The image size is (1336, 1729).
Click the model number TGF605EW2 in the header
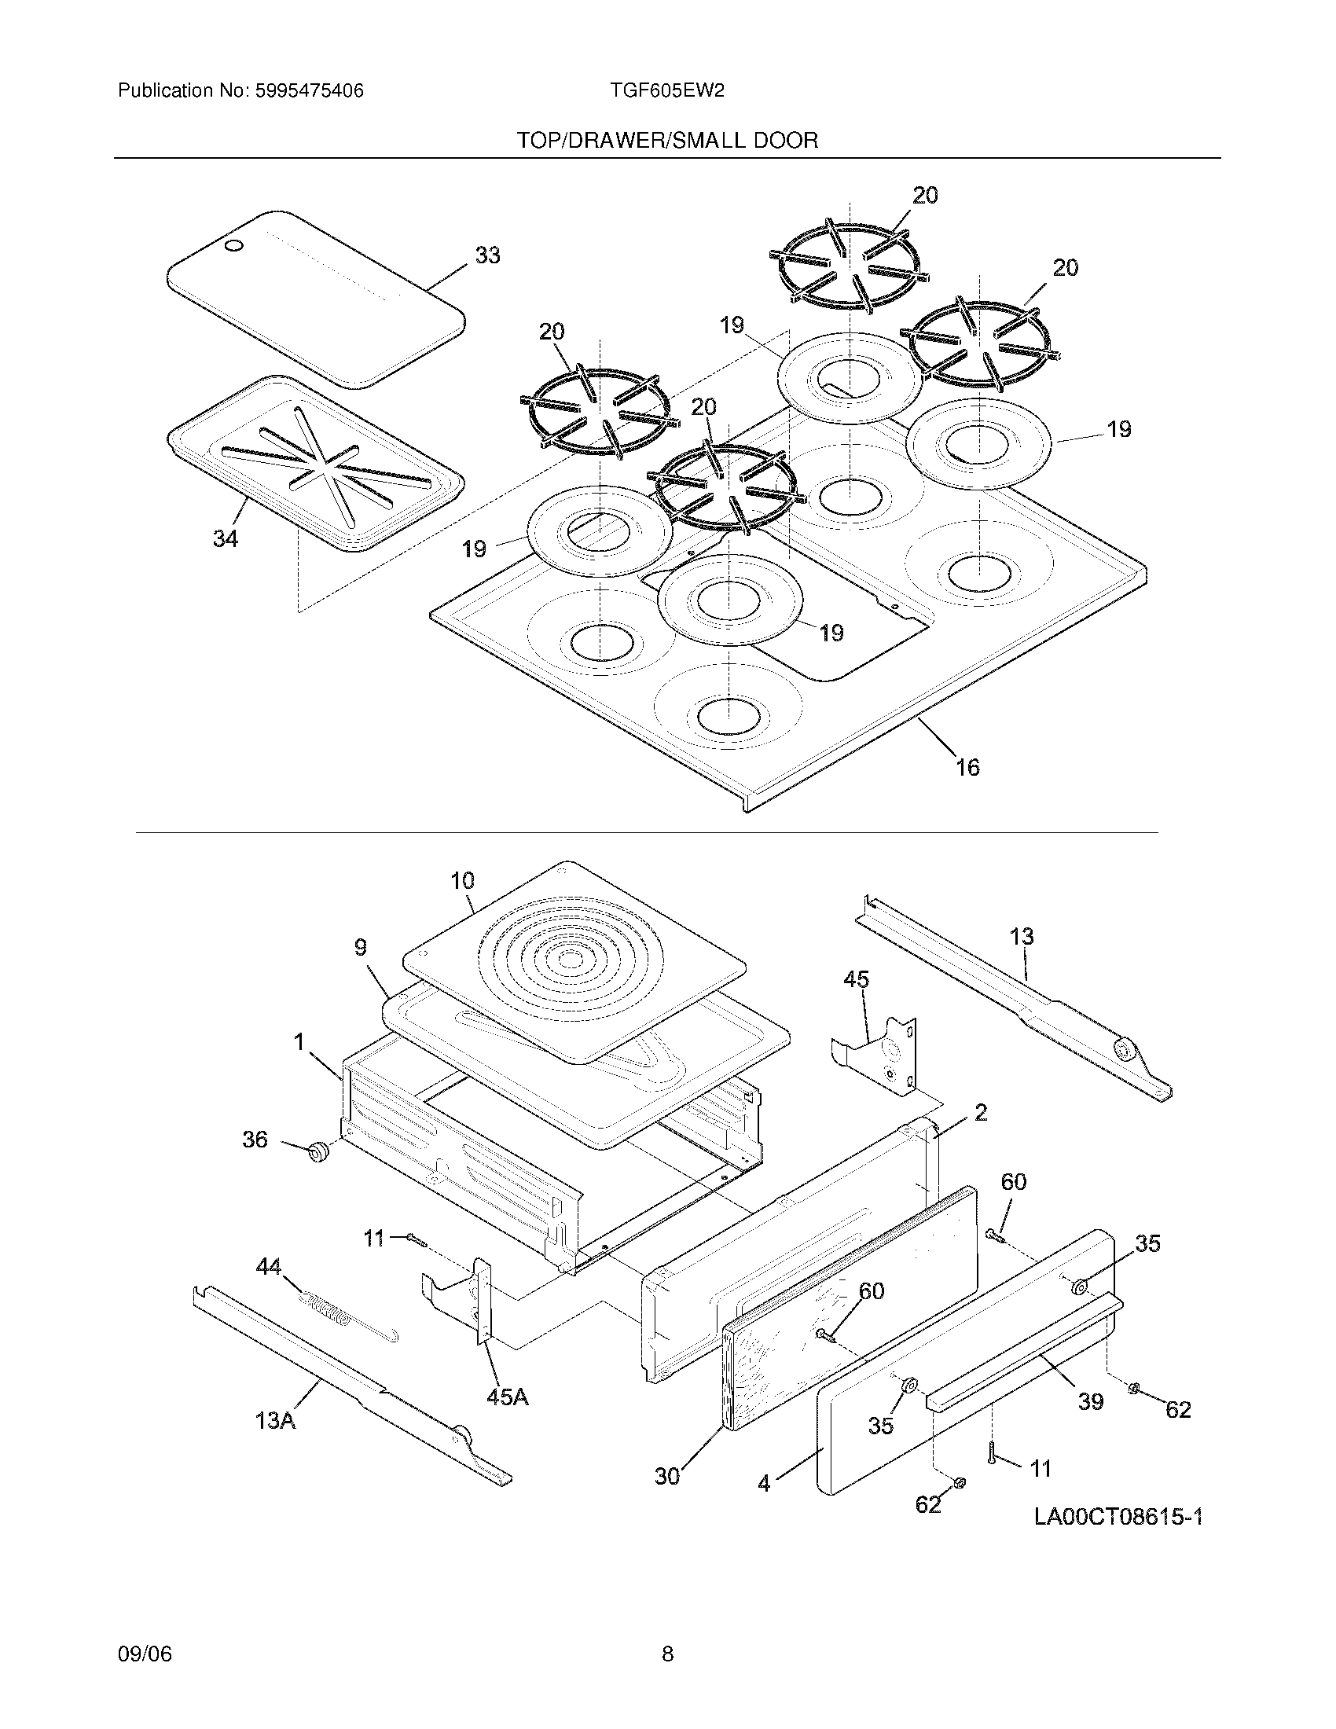tap(666, 91)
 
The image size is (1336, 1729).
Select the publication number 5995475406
tap(310, 91)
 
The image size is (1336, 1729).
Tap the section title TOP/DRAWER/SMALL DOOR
tap(667, 141)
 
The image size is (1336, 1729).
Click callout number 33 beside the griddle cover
tap(487, 255)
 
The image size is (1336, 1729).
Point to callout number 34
tap(226, 539)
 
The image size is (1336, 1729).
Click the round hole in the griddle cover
tap(234, 247)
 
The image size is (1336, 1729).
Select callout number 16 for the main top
tap(967, 767)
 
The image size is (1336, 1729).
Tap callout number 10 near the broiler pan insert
tap(462, 880)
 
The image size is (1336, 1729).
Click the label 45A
tap(508, 1397)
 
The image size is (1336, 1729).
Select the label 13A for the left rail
tap(275, 1420)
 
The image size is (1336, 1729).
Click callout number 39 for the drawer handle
tap(1091, 1401)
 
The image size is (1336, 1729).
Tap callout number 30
tap(667, 1477)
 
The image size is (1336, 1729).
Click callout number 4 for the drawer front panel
tap(764, 1483)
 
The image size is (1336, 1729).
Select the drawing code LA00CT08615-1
tap(1118, 1517)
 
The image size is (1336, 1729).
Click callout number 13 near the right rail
tap(1022, 937)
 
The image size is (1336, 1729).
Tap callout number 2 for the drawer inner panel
tap(981, 1113)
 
